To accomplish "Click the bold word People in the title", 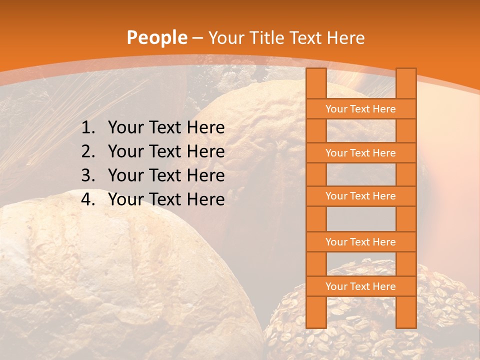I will click(x=156, y=38).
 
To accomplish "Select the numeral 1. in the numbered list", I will click(x=88, y=128).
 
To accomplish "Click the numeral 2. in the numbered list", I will click(x=88, y=151).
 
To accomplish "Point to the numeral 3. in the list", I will click(x=88, y=175).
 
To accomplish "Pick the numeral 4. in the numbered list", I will click(x=88, y=199).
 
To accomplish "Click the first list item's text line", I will click(x=166, y=128).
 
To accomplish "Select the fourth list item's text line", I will click(x=166, y=199).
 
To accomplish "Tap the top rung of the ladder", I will click(x=360, y=109).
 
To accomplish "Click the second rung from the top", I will click(x=360, y=153).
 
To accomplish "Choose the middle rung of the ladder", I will click(x=360, y=196).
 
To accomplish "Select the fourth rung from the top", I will click(x=360, y=242).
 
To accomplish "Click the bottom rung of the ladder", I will click(x=360, y=286).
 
